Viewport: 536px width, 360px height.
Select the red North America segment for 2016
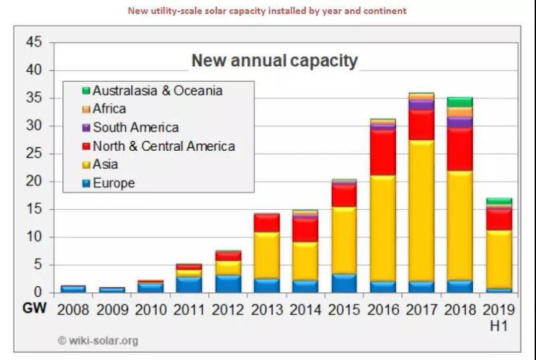382,152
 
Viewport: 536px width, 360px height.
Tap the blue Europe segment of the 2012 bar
227,284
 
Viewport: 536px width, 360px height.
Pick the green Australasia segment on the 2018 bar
460,102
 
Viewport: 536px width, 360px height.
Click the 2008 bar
73,289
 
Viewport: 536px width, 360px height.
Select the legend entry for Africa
109,109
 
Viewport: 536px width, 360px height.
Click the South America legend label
135,127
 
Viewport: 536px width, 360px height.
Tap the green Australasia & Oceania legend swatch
86,91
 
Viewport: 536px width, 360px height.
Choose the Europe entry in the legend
113,183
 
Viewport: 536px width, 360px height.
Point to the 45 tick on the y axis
36,43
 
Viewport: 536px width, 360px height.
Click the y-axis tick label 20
36,182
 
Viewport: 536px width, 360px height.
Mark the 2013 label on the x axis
266,310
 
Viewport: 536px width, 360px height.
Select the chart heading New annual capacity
275,61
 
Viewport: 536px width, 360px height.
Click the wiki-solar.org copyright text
98,341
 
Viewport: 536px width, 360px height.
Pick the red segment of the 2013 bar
266,223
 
